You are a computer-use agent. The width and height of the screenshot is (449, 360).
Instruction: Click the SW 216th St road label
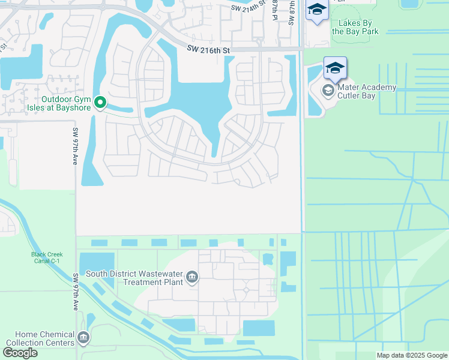[x=208, y=50]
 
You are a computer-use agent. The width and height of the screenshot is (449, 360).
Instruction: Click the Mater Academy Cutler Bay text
[x=367, y=92]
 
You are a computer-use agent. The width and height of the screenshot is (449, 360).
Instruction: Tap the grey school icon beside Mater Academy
[x=328, y=91]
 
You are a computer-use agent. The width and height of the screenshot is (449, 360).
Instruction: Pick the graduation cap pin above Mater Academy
[x=335, y=67]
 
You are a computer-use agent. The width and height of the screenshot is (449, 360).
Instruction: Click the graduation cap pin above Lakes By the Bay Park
[x=316, y=10]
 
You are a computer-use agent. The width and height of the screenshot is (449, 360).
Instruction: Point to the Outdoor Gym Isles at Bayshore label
[x=67, y=103]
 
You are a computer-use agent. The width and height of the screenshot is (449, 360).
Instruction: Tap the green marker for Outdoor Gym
[x=101, y=103]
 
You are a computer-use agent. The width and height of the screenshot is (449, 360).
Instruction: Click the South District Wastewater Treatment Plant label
[x=133, y=278]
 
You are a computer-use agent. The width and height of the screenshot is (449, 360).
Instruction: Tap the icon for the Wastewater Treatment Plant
[x=191, y=277]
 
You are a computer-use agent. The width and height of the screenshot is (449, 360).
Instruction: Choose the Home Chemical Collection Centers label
[x=37, y=338]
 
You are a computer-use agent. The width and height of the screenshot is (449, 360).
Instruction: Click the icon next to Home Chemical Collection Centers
[x=83, y=338]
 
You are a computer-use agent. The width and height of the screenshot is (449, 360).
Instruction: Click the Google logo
[x=20, y=353]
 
